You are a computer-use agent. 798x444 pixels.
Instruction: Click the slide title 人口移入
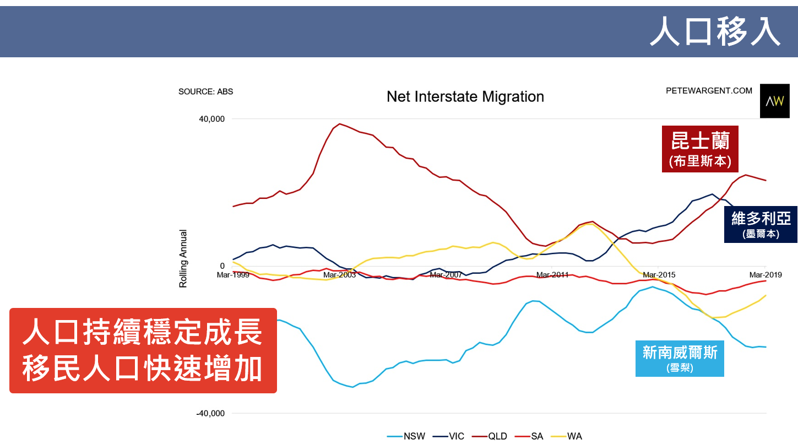coord(715,31)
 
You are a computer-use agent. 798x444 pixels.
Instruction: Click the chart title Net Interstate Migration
coord(465,97)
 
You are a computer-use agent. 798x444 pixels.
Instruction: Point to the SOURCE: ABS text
coord(205,91)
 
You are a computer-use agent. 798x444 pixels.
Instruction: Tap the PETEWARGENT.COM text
coord(709,91)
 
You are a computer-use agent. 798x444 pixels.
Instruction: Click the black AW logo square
coord(774,101)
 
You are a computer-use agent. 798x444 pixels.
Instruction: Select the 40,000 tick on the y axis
coord(211,119)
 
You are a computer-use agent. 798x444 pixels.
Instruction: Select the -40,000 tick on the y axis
coord(210,414)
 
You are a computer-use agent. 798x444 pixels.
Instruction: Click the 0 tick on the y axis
coord(222,266)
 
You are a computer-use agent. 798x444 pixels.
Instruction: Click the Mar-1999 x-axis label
coord(234,274)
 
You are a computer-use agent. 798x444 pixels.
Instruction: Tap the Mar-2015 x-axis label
coord(659,274)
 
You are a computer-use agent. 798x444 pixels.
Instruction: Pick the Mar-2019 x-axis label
coord(765,274)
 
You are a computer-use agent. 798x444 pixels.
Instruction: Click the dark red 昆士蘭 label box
coord(700,149)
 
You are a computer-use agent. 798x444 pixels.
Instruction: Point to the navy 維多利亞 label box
coord(761,225)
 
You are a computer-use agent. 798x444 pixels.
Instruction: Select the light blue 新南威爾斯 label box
coord(680,357)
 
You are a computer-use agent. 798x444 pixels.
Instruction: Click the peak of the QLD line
coord(339,124)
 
